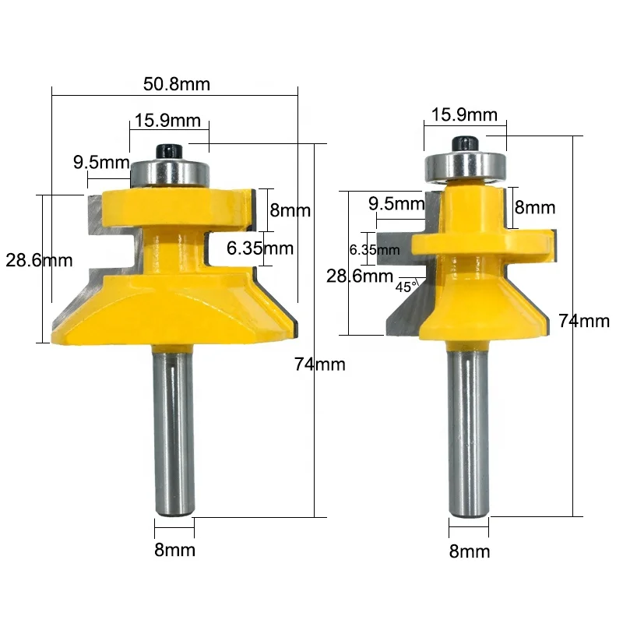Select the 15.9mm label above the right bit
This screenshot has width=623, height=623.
(x=464, y=114)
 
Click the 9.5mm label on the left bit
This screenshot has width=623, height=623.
(x=100, y=163)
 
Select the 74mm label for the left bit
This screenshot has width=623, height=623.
(x=320, y=364)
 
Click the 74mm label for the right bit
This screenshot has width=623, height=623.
(x=583, y=320)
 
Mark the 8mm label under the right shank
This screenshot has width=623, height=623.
(x=470, y=552)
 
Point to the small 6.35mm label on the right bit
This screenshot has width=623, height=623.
(x=375, y=250)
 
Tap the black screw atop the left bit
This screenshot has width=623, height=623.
(x=167, y=148)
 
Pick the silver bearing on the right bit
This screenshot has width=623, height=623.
(x=464, y=164)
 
